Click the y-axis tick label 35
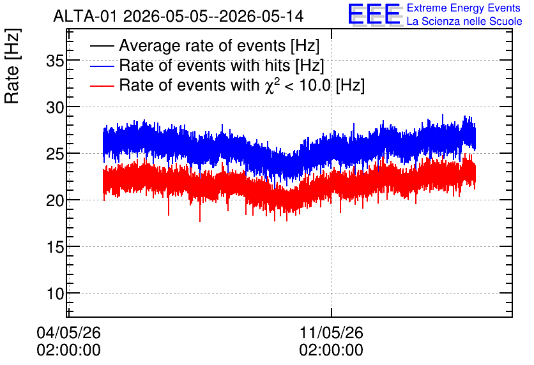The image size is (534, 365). click(55, 62)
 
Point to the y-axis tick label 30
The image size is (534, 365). click(55, 108)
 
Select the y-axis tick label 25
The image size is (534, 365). click(55, 155)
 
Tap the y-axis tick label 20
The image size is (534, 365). click(55, 201)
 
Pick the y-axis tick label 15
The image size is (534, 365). click(55, 248)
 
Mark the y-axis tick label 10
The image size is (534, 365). click(55, 294)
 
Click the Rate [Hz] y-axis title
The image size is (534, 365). click(12, 66)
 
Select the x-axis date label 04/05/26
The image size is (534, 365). click(69, 332)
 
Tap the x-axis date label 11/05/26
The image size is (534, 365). click(332, 332)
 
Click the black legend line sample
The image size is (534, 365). click(102, 46)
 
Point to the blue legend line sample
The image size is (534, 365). click(102, 66)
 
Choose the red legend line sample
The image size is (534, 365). click(102, 86)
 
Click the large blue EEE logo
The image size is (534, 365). click(374, 14)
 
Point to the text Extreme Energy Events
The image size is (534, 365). click(464, 8)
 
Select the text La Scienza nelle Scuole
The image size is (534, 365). click(464, 22)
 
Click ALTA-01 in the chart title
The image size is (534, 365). click(86, 16)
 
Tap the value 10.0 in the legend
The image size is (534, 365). click(315, 85)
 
